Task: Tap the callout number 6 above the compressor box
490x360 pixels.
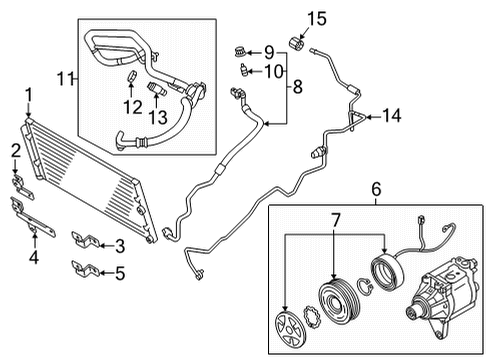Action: [376, 188]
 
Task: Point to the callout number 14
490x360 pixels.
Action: [390, 117]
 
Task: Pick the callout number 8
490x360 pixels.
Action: [295, 89]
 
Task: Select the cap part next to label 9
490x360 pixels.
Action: [239, 50]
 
